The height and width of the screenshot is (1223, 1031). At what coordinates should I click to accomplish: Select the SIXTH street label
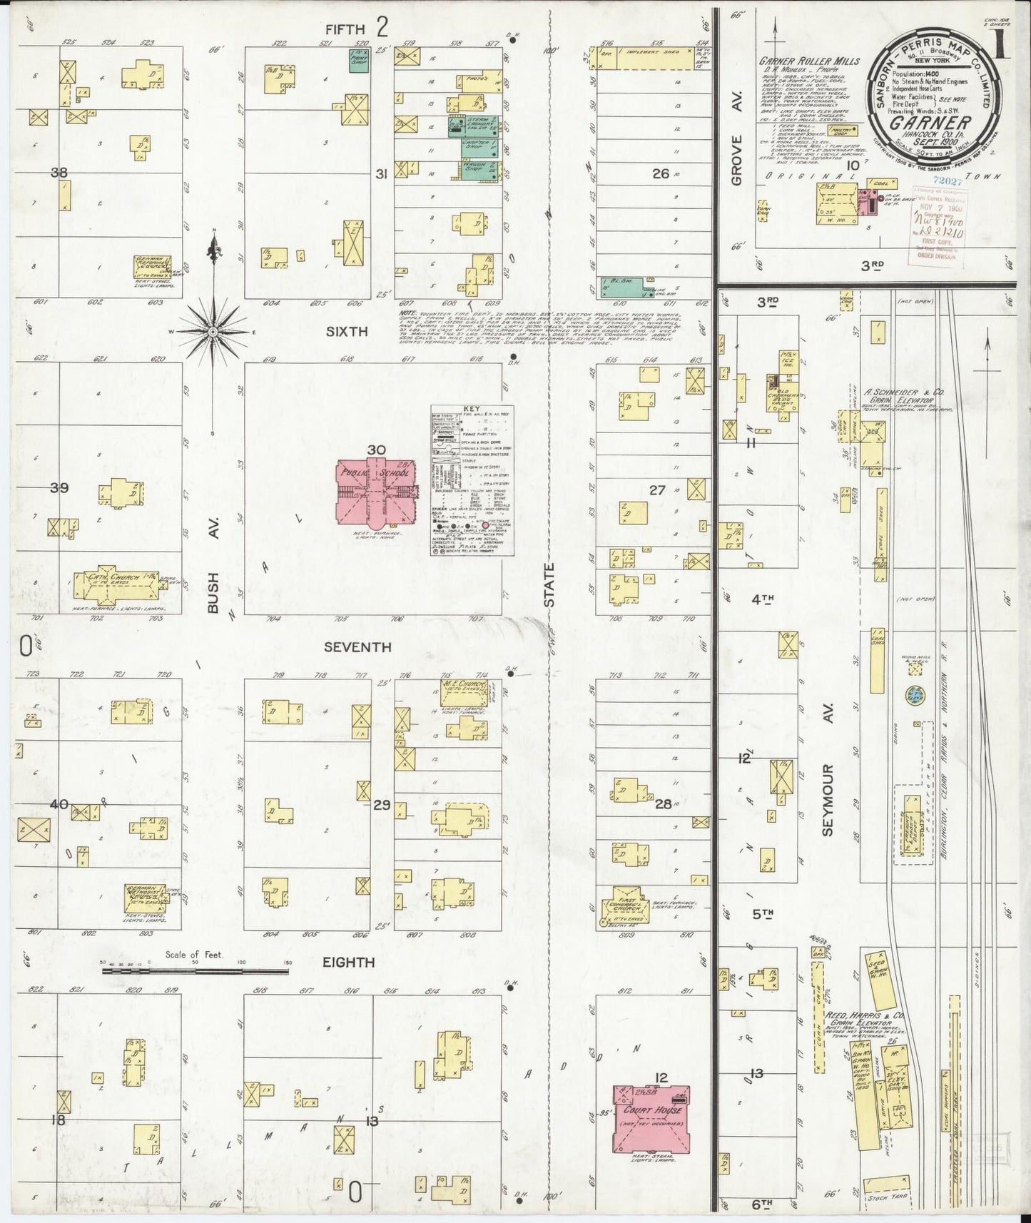click(x=347, y=332)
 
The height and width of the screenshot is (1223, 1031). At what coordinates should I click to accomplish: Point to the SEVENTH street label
click(x=357, y=647)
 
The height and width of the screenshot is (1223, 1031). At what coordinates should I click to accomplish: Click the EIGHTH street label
click(x=348, y=962)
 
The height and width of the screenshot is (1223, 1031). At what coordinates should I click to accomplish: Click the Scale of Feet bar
click(x=196, y=971)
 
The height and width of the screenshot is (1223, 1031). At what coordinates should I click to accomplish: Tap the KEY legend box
click(x=472, y=479)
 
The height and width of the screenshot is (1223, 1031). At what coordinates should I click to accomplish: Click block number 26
click(x=661, y=173)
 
